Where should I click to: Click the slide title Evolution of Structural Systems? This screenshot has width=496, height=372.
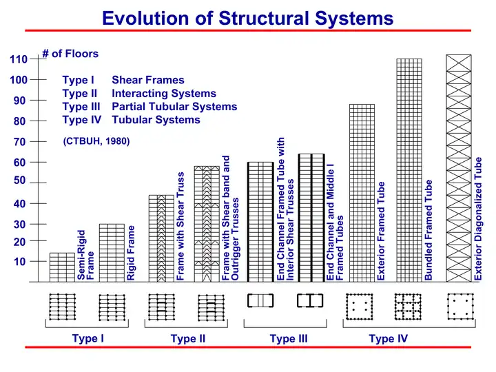point(248,18)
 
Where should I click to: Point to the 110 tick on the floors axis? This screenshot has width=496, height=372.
point(19,60)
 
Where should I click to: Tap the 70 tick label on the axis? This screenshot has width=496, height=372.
point(19,143)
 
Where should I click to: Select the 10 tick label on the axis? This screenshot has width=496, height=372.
point(19,262)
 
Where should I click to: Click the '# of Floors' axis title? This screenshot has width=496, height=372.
point(70,53)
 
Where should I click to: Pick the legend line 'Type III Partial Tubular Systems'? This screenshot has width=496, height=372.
point(149,107)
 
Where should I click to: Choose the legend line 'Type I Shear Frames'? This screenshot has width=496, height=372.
point(123,80)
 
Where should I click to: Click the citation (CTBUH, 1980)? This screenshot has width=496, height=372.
point(96,142)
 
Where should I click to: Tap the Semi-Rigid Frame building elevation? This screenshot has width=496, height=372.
point(62,267)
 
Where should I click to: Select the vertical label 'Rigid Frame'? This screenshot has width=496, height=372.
point(131,253)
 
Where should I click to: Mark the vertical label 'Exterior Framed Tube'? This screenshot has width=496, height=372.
point(381,231)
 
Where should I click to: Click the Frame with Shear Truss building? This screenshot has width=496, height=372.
point(161,238)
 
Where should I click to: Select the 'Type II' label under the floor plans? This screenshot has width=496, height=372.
point(188,339)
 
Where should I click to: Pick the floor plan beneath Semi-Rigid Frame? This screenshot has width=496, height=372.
point(62,307)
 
